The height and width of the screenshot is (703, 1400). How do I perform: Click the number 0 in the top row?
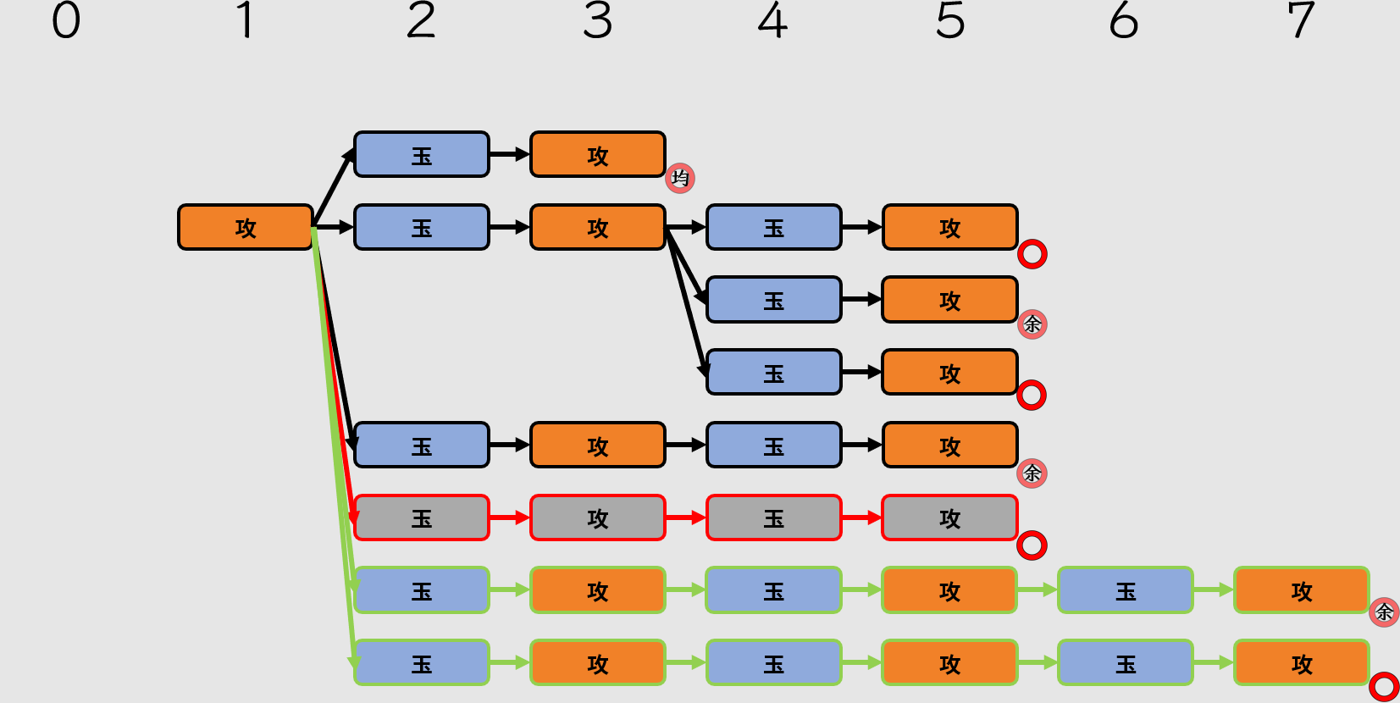pos(66,20)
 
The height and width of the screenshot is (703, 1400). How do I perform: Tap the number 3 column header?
pos(597,20)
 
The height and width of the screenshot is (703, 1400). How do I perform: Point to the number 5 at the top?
pos(949,20)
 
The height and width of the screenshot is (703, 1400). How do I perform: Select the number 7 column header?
pos(1301,20)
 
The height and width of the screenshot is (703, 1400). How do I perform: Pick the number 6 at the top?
pos(1124,20)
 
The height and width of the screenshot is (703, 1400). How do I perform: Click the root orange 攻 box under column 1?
pos(246,227)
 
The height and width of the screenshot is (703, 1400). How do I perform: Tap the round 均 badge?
pos(680,178)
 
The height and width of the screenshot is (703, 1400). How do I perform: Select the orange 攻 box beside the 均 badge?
pos(597,154)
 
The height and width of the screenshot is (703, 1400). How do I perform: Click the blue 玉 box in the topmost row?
pos(422,154)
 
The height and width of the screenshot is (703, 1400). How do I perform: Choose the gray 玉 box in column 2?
pos(422,518)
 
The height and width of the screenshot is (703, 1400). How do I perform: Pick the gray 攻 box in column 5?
pos(949,518)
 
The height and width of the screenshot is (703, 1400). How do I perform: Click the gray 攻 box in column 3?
pos(597,518)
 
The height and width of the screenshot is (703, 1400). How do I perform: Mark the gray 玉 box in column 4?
pos(773,518)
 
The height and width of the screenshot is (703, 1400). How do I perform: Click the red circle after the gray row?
pos(1032,545)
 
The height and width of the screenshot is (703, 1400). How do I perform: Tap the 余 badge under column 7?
pos(1384,612)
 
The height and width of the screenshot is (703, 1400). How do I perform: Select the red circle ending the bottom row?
pos(1384,686)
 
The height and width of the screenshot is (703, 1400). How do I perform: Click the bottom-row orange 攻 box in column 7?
pos(1301,662)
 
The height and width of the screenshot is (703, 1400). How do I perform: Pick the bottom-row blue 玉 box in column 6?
pos(1125,662)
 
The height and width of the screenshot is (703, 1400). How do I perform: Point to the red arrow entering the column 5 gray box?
pos(862,518)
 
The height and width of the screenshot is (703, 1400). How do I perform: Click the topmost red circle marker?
pos(1032,254)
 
